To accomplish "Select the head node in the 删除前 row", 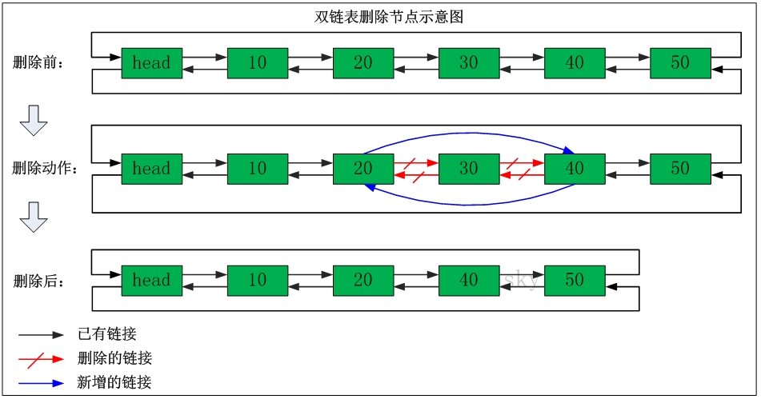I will click(151, 63).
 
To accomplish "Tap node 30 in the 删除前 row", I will click(469, 63).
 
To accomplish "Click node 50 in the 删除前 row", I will click(680, 63).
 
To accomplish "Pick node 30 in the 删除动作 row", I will click(469, 169).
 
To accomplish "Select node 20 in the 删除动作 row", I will click(363, 169).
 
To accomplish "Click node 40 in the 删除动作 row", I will click(575, 169).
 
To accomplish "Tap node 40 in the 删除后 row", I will click(469, 281).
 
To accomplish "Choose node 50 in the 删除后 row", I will click(575, 281).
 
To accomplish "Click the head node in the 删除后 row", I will click(151, 281).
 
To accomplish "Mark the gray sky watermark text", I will click(520, 280).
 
